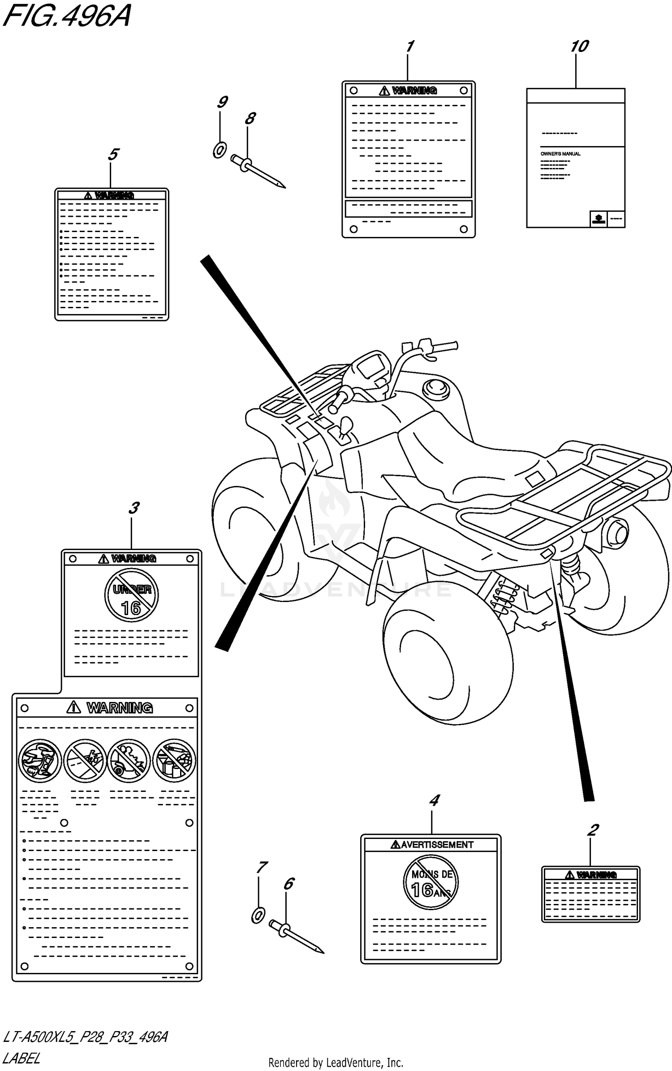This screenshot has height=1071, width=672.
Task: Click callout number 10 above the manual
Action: pyautogui.click(x=579, y=47)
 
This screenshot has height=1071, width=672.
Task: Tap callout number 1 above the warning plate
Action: pyautogui.click(x=409, y=46)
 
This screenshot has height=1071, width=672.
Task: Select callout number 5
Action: pyautogui.click(x=113, y=155)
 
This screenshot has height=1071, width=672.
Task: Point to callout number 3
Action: pyautogui.click(x=134, y=508)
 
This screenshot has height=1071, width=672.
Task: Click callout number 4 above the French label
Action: pyautogui.click(x=434, y=800)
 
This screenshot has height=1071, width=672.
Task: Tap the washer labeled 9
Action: pyautogui.click(x=220, y=150)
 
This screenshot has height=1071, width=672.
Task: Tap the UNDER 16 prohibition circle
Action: pyautogui.click(x=131, y=595)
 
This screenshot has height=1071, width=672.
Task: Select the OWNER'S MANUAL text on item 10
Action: pyautogui.click(x=560, y=154)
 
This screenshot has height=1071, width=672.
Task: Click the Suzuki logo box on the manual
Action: pyautogui.click(x=598, y=219)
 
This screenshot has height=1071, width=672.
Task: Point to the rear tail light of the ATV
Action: pyautogui.click(x=617, y=533)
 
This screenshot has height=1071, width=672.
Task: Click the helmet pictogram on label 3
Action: pyautogui.click(x=39, y=761)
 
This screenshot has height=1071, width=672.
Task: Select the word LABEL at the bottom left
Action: pyautogui.click(x=21, y=1058)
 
